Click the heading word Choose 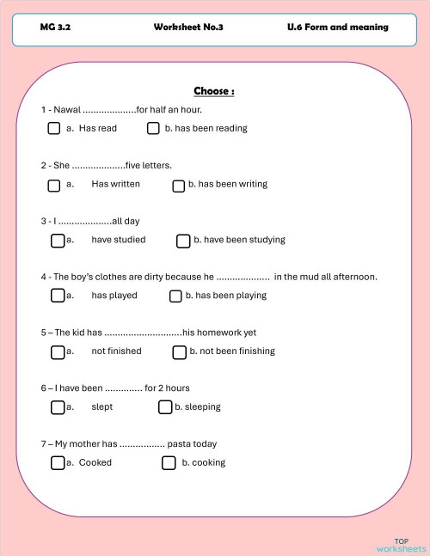click(214, 91)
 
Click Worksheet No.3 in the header click(188, 27)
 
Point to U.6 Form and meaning click(338, 27)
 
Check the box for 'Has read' click(54, 129)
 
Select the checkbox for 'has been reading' click(153, 129)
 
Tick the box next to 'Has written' click(54, 185)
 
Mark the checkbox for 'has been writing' click(179, 185)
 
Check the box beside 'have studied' click(58, 241)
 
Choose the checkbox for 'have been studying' click(183, 241)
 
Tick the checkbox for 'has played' click(58, 296)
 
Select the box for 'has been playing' click(175, 296)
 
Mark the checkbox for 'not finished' click(58, 351)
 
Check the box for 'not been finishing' click(180, 351)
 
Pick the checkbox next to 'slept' click(58, 407)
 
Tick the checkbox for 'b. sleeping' click(165, 407)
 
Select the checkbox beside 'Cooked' click(58, 463)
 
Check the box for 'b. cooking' click(169, 463)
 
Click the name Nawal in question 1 click(68, 109)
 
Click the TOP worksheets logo click(401, 545)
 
